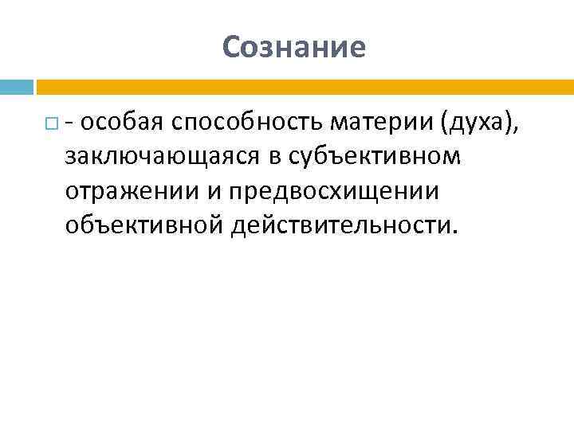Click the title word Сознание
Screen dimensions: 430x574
coord(294,48)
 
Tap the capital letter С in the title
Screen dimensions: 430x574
coord(232,48)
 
